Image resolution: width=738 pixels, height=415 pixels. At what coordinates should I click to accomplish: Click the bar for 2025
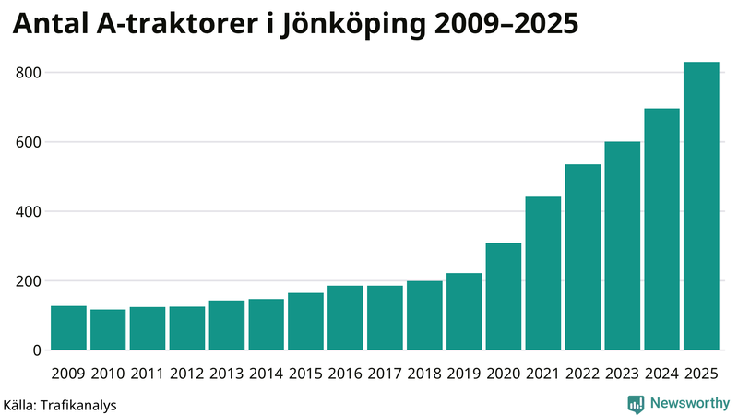(701, 207)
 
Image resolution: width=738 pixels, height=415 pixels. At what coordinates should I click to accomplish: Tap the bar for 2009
(68, 328)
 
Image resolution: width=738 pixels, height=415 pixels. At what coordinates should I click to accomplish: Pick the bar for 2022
(583, 257)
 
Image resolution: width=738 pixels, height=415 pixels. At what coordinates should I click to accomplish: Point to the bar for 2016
(345, 318)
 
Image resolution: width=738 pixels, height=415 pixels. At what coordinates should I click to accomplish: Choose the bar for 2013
(226, 326)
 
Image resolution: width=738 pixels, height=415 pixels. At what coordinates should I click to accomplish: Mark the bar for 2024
(661, 230)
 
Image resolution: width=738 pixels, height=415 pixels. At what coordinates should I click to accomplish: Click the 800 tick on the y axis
(29, 73)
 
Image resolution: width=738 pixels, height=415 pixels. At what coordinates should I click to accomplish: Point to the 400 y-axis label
(29, 212)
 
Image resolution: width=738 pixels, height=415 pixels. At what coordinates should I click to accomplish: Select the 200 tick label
(29, 281)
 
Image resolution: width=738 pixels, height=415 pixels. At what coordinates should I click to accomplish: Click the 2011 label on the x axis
(148, 373)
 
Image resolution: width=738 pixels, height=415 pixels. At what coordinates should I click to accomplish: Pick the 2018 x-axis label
(424, 373)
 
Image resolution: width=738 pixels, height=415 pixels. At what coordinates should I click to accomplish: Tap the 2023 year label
(622, 373)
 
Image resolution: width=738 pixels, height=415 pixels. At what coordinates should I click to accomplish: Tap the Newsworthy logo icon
(636, 403)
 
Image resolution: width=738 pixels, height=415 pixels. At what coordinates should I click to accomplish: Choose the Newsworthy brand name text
(690, 403)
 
